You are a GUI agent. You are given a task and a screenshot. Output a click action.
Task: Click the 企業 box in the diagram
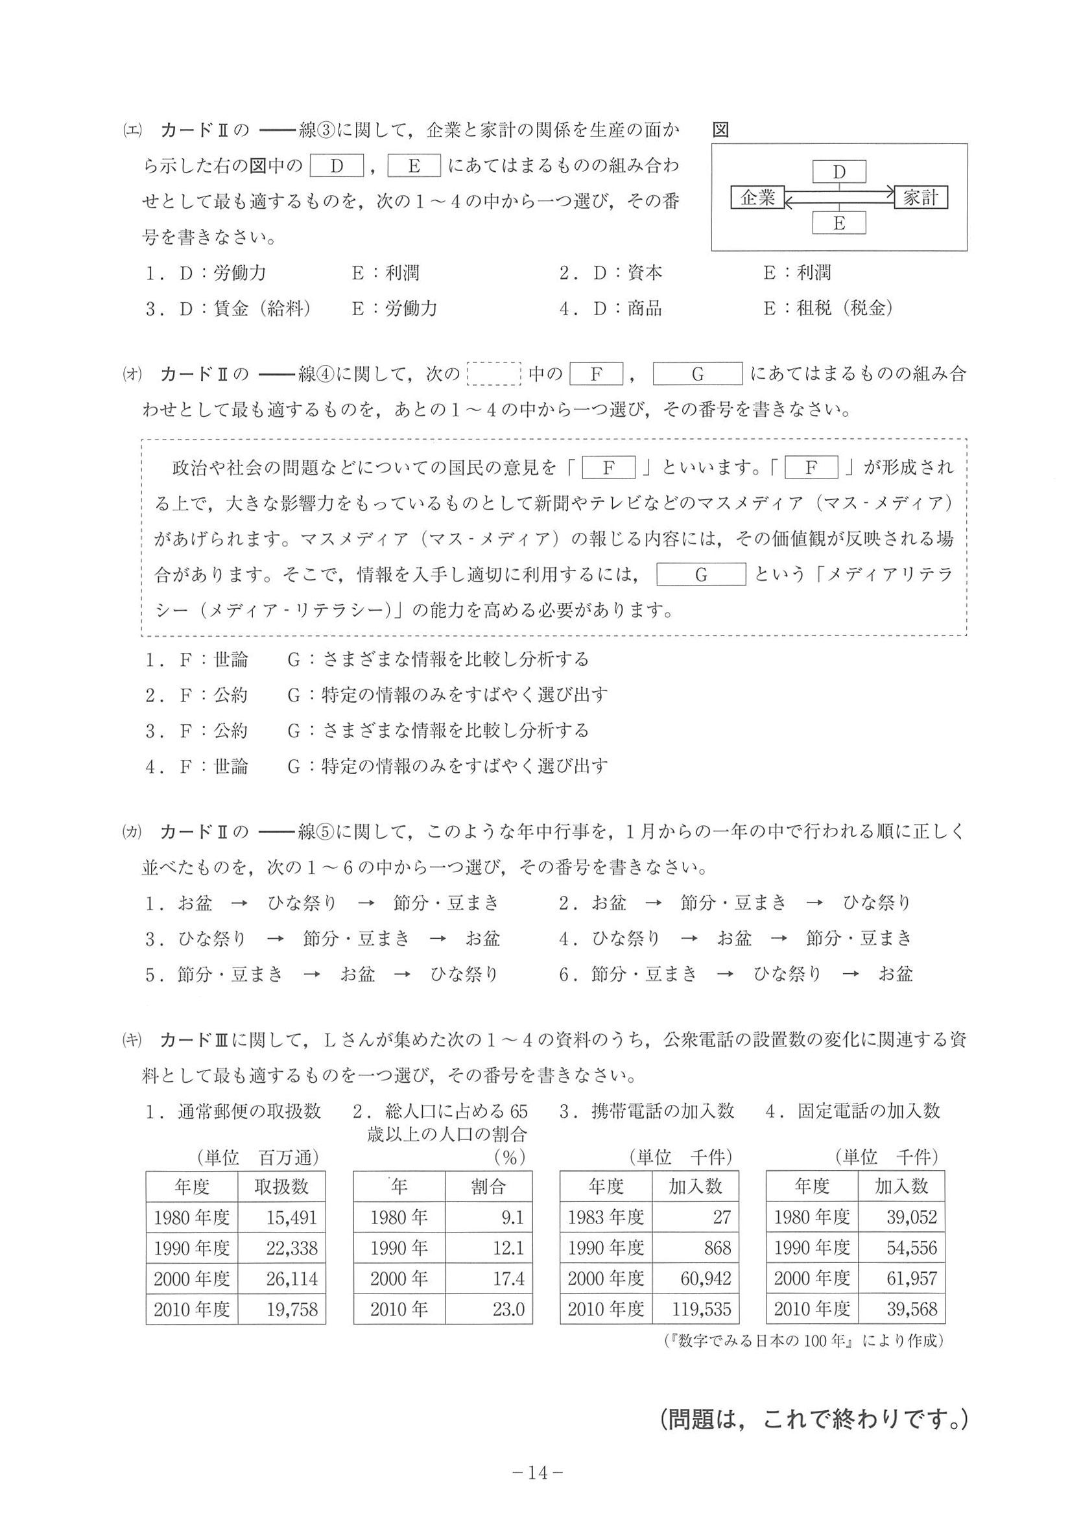757,198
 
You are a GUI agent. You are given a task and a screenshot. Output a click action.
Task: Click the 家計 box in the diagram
921,197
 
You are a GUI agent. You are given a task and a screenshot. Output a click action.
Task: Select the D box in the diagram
838,172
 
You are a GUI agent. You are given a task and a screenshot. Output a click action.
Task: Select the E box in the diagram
838,223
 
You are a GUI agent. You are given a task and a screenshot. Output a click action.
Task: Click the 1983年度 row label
606,1218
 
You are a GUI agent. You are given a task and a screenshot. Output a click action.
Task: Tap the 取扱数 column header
281,1187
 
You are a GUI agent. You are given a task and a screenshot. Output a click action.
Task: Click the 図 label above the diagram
720,130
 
